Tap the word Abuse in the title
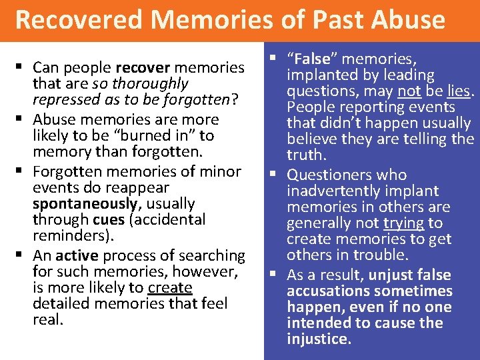click(407, 20)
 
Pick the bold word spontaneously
click(74, 203)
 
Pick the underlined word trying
click(404, 223)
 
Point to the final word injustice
click(317, 339)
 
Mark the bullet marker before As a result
click(274, 274)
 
